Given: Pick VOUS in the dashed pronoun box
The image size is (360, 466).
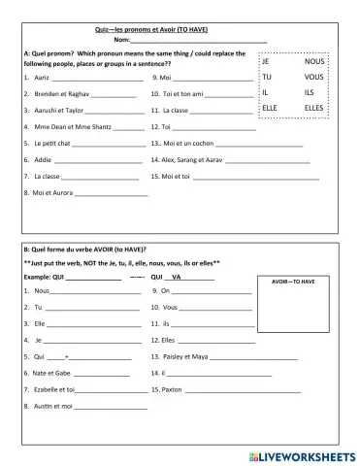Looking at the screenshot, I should point(313,76).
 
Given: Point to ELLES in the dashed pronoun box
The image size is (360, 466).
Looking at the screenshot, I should point(314,108).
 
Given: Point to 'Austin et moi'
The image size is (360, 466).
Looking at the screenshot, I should point(52,406).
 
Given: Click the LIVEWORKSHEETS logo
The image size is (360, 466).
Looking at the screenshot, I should point(300,454).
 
